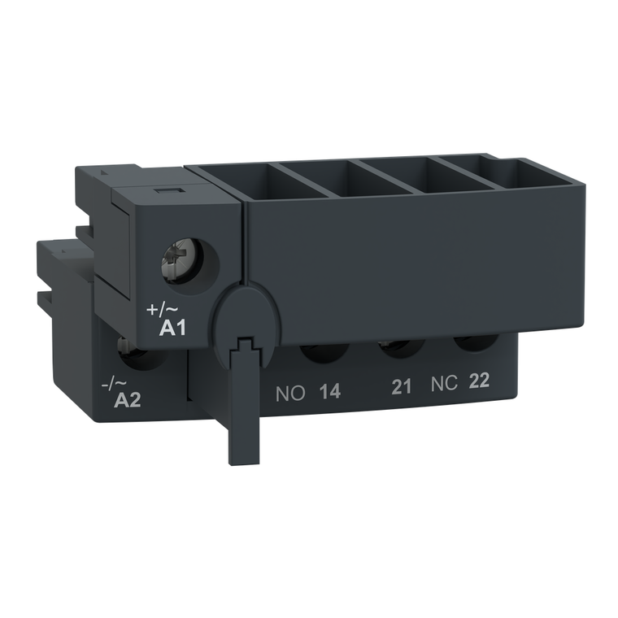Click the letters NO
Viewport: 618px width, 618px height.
point(289,394)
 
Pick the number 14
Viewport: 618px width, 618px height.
point(329,393)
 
